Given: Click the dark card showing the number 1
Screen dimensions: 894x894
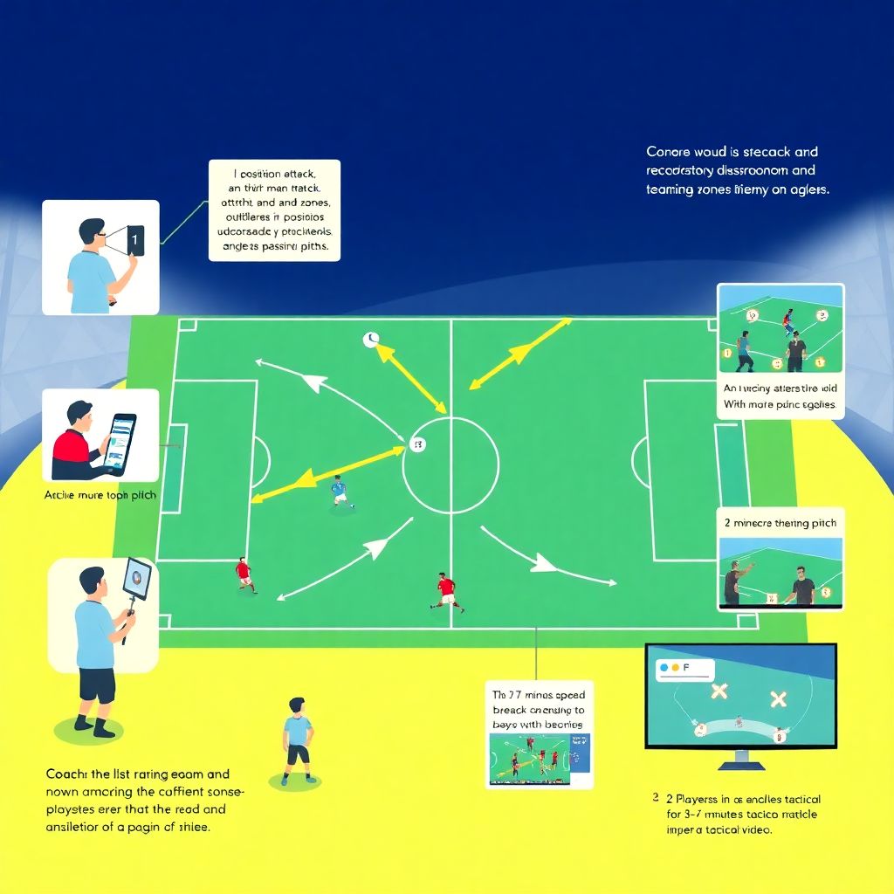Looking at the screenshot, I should click(x=134, y=240).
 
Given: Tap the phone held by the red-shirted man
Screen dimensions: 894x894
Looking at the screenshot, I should click(x=120, y=440).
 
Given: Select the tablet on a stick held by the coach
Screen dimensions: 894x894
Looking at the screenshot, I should click(x=136, y=579).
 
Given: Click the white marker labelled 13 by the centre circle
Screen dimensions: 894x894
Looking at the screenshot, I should click(x=417, y=445).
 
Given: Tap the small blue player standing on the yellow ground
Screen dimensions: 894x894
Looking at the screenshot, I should click(x=298, y=743).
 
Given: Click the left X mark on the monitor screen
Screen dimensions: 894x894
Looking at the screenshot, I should click(x=719, y=692).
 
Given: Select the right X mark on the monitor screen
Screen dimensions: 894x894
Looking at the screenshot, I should click(x=778, y=699).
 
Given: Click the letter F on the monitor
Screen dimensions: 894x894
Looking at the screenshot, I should click(x=685, y=667).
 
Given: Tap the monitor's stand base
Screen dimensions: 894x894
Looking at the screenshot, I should click(x=740, y=766).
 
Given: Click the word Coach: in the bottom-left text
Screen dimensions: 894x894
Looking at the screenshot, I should click(x=67, y=774).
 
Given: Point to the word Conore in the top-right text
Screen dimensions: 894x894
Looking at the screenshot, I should click(x=668, y=152).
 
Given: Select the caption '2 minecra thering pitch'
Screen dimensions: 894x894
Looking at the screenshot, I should click(x=780, y=523).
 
